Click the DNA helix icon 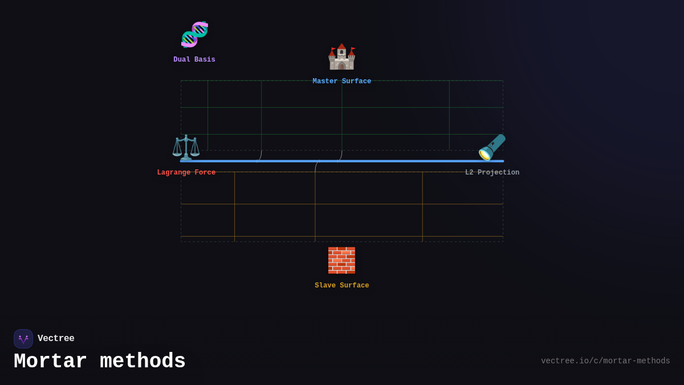pyautogui.click(x=194, y=34)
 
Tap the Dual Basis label pyautogui.click(x=194, y=60)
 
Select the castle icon pyautogui.click(x=341, y=56)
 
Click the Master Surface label pyautogui.click(x=341, y=82)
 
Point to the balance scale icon pyautogui.click(x=186, y=147)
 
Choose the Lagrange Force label pyautogui.click(x=186, y=173)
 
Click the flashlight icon pyautogui.click(x=492, y=147)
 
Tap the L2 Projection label pyautogui.click(x=492, y=173)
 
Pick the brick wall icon pyautogui.click(x=341, y=260)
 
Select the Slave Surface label pyautogui.click(x=341, y=286)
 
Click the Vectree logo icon pyautogui.click(x=23, y=339)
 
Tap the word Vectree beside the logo pyautogui.click(x=56, y=339)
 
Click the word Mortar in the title pyautogui.click(x=50, y=362)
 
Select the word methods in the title pyautogui.click(x=142, y=362)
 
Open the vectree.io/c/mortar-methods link pyautogui.click(x=605, y=361)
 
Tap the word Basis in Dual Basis pyautogui.click(x=205, y=60)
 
